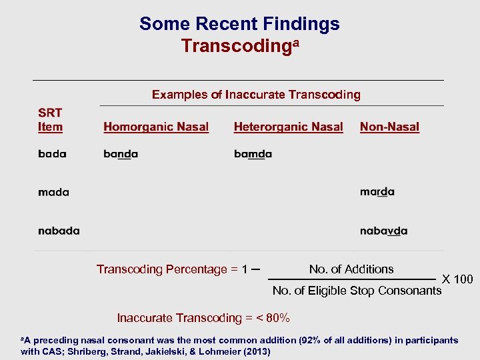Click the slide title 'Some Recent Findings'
[x=239, y=25]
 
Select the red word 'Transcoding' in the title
[x=235, y=46]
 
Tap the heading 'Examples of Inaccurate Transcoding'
[x=256, y=95]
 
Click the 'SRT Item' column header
[x=50, y=120]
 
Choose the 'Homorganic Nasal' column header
[x=156, y=127]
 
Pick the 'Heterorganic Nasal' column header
[x=288, y=127]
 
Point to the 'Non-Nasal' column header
[x=389, y=127]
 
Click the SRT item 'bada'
[x=52, y=154]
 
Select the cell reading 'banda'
[x=121, y=154]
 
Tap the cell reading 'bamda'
[x=253, y=154]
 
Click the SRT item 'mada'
[x=53, y=192]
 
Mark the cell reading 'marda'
[x=377, y=192]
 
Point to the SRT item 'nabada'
[x=59, y=231]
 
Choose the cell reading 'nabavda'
[x=383, y=231]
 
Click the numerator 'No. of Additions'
[x=351, y=269]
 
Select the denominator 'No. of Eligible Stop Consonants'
[x=357, y=290]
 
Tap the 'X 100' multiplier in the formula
[x=457, y=279]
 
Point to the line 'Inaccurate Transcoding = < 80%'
[x=203, y=317]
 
